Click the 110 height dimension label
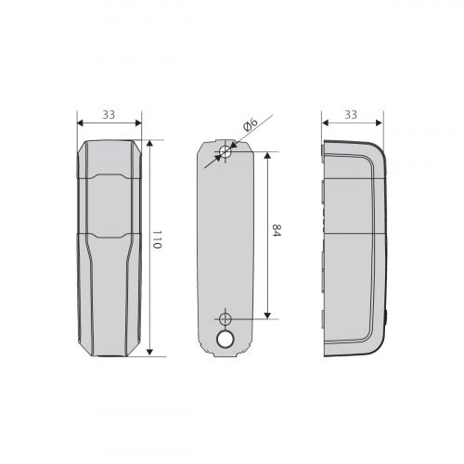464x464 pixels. click(x=157, y=239)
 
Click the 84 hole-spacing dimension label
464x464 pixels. click(x=277, y=231)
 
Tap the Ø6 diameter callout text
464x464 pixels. click(x=251, y=124)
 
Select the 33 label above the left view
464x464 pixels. click(x=109, y=115)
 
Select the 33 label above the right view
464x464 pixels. click(x=351, y=115)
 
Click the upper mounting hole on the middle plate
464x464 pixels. click(x=226, y=151)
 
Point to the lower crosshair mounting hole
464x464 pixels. click(x=226, y=319)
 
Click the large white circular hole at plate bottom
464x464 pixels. click(x=226, y=339)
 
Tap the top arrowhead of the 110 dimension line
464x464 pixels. click(x=149, y=143)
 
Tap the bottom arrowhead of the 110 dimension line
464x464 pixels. click(x=149, y=353)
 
